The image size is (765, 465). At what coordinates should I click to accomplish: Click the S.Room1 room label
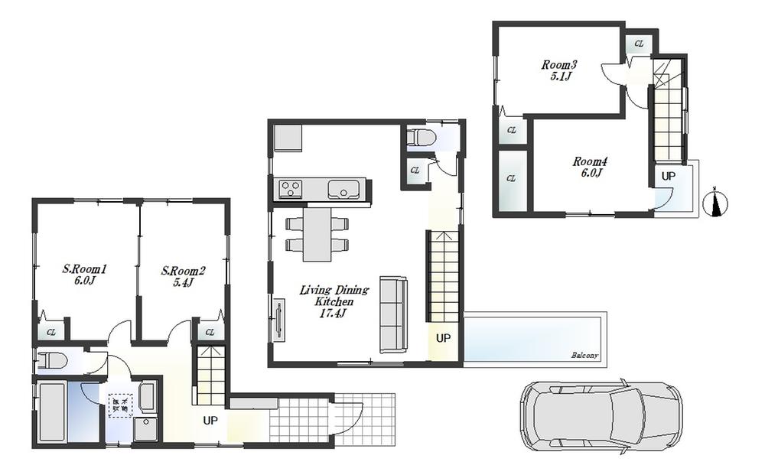pyautogui.click(x=83, y=275)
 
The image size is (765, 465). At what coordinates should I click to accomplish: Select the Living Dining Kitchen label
pyautogui.click(x=334, y=296)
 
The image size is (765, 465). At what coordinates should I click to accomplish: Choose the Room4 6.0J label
pyautogui.click(x=590, y=167)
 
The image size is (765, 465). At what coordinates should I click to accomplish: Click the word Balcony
pyautogui.click(x=584, y=356)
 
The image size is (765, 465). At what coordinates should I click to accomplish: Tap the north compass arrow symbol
pyautogui.click(x=717, y=203)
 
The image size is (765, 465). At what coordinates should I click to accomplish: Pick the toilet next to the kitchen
pyautogui.click(x=422, y=138)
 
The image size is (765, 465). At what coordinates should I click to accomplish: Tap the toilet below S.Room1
pyautogui.click(x=54, y=360)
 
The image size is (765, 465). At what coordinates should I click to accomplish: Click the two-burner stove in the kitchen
pyautogui.click(x=291, y=188)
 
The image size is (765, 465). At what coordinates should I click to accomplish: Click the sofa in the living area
pyautogui.click(x=394, y=314)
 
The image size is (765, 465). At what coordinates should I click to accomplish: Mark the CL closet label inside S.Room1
pyautogui.click(x=51, y=332)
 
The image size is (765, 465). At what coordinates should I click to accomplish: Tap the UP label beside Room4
pyautogui.click(x=668, y=176)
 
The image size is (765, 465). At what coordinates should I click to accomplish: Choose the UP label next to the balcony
pyautogui.click(x=443, y=338)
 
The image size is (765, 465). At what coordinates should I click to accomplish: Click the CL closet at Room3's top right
pyautogui.click(x=639, y=45)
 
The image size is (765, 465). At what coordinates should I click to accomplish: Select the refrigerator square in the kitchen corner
pyautogui.click(x=288, y=138)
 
